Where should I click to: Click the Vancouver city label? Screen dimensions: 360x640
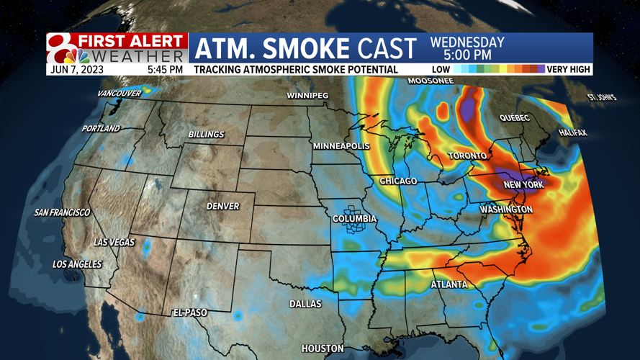120,94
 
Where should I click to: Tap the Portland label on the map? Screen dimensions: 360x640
101,128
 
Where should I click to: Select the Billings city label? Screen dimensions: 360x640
206,135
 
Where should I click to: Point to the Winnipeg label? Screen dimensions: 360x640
307,96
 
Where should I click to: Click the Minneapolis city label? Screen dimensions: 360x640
341,146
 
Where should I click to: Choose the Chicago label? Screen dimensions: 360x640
398,181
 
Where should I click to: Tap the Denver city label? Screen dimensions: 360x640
222,206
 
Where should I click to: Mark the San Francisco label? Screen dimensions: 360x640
63,212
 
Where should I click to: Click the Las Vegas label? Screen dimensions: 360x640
114,242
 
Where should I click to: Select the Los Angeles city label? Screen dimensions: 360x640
77,264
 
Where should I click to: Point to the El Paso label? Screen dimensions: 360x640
190,312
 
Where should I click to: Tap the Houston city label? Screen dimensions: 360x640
323,348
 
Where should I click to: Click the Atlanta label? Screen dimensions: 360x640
449,284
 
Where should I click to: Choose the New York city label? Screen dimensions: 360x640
523,185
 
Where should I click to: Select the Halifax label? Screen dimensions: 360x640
572,133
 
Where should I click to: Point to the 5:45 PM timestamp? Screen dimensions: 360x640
165,70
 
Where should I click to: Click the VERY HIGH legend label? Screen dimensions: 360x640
569,70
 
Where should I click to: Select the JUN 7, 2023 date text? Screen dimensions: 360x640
77,70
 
